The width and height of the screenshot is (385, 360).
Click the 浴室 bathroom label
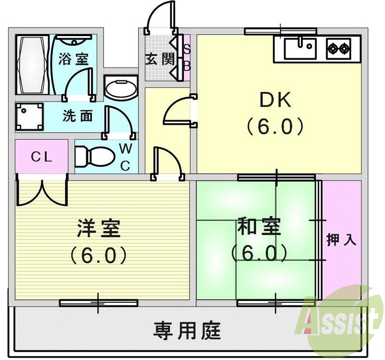tap(74, 59)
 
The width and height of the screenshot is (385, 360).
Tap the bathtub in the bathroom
tap(32, 65)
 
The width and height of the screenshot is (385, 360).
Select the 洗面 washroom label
tap(77, 116)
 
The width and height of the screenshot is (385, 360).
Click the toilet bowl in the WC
tap(94, 155)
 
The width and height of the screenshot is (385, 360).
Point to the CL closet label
tap(41, 156)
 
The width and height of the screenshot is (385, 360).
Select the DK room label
tap(275, 101)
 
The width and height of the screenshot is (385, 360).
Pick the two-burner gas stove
tap(339, 48)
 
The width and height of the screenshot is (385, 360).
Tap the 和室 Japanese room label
tap(259, 227)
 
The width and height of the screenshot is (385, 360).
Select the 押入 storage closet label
tap(342, 240)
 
